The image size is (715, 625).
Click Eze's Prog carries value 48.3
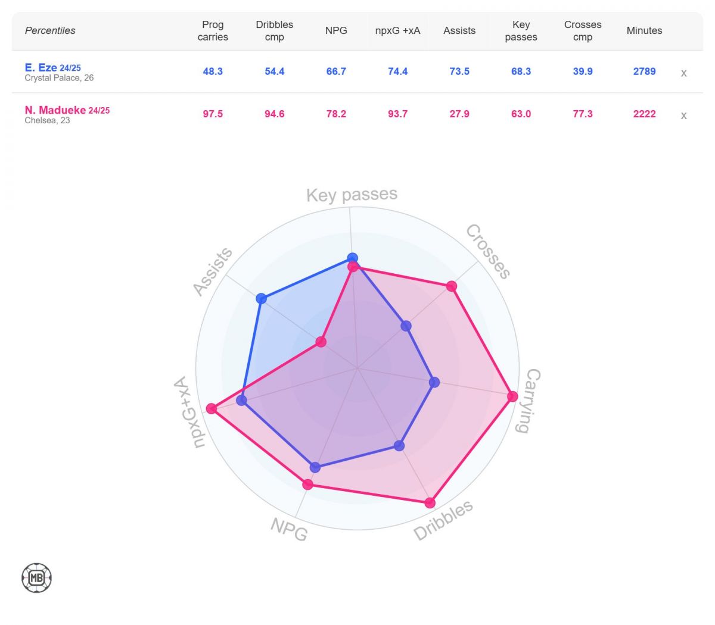point(213,71)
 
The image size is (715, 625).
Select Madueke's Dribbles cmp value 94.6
point(275,114)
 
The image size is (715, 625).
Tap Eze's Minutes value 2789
point(644,71)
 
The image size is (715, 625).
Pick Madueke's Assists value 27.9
point(459,114)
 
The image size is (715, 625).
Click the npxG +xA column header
point(397,31)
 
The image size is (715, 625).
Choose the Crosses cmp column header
point(583,31)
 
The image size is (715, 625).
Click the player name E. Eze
point(41,68)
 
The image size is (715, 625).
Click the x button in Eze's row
point(683,73)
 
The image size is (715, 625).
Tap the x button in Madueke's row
point(683,115)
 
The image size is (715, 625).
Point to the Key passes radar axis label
point(352,195)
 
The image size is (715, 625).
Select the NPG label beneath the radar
point(289,529)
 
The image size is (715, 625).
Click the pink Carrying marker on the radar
point(512,396)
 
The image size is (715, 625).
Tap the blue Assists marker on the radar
point(261,298)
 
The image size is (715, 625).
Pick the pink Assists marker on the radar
point(321,342)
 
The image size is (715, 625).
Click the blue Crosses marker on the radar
point(406,326)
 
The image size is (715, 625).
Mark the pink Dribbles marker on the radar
point(430,502)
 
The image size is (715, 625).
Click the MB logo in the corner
point(37,577)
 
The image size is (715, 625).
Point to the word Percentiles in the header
point(50,31)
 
